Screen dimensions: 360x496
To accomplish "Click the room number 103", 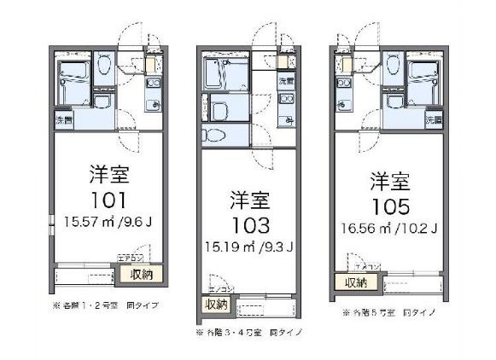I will click(249, 225).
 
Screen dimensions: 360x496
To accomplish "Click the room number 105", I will click(392, 206).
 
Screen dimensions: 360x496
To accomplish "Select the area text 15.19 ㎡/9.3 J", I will click(250, 248).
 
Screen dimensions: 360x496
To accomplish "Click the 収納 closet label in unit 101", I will click(143, 274).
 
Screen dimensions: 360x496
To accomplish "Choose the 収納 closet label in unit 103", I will click(215, 304).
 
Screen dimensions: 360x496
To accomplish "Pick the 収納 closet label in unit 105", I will click(356, 282).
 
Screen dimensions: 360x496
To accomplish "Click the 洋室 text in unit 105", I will click(391, 181).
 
